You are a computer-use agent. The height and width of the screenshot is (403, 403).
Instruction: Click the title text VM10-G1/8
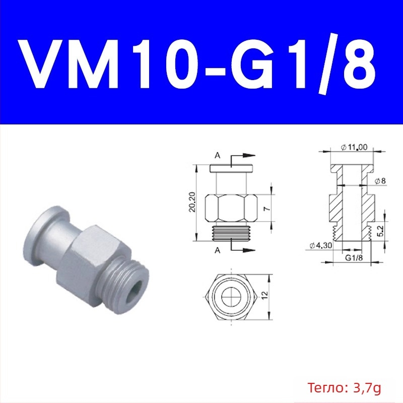tap(198, 64)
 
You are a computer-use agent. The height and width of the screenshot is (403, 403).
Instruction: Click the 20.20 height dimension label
tap(192, 202)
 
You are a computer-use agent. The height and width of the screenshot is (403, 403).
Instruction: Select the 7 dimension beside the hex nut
tap(267, 208)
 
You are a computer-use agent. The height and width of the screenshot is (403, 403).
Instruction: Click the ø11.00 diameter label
tap(354, 147)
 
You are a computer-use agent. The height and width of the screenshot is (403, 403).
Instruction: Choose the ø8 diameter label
tap(380, 181)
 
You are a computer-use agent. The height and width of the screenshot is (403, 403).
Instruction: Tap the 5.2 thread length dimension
tap(381, 231)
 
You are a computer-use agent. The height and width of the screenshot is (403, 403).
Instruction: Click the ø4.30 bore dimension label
tap(320, 245)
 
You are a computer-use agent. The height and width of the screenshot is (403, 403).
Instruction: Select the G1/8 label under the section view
tap(354, 257)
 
